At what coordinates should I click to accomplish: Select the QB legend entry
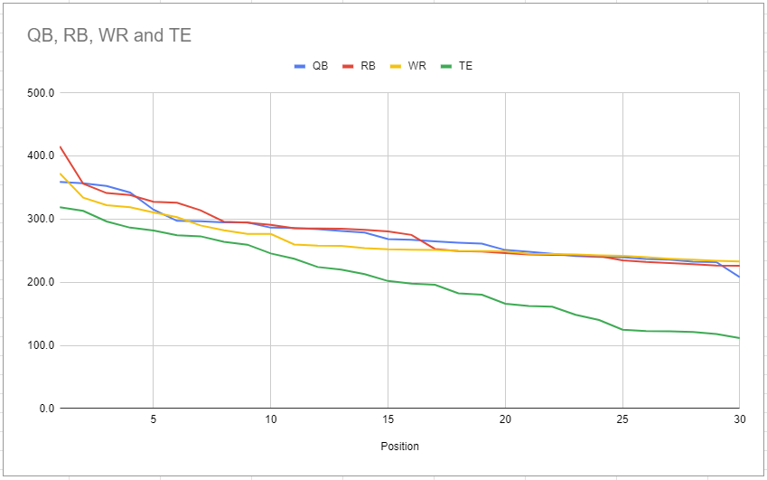312,66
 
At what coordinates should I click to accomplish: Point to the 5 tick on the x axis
154,420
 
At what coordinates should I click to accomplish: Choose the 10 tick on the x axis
270,420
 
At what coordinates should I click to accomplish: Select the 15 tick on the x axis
388,420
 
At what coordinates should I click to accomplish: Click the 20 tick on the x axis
505,420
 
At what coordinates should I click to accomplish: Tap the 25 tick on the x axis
622,420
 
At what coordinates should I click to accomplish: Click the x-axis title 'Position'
398,447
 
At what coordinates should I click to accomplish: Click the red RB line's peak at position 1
61,146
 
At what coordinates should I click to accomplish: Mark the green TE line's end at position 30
738,338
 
